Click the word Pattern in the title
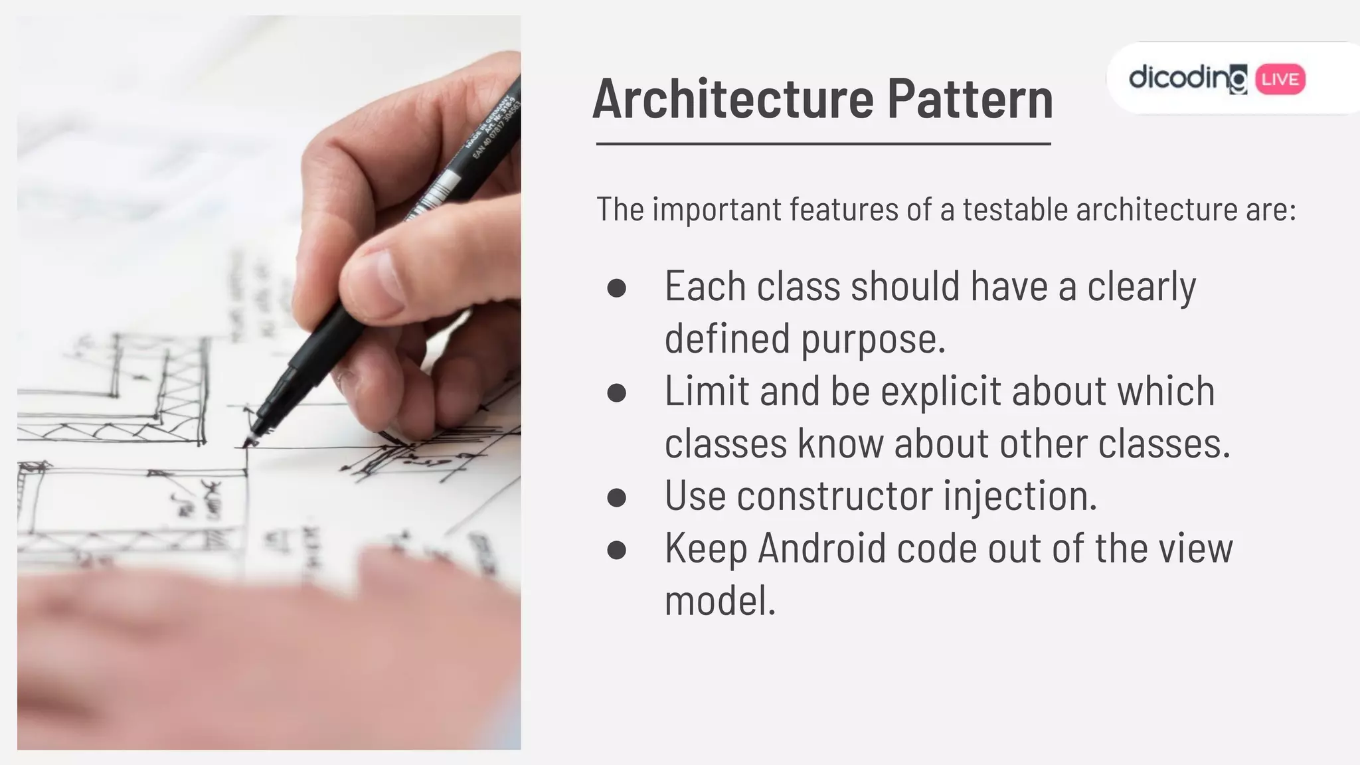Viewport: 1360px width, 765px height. point(970,99)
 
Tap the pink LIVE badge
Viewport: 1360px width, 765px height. point(1280,80)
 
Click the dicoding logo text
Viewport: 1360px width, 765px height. point(1187,78)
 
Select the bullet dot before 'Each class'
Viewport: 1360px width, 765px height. point(616,288)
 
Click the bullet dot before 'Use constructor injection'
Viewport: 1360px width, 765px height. point(616,497)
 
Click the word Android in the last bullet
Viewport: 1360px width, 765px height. point(822,549)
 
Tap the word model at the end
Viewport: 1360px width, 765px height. point(720,600)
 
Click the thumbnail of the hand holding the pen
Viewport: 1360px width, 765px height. point(372,266)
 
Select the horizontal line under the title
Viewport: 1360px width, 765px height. point(823,143)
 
